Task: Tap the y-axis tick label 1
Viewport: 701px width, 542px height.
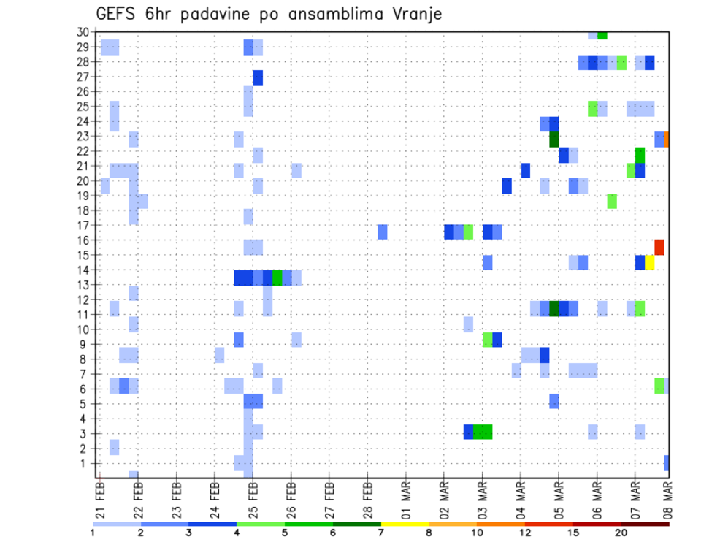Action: coord(85,463)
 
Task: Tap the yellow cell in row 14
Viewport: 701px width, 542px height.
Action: coord(650,262)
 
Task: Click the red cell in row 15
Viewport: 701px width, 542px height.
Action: coord(659,247)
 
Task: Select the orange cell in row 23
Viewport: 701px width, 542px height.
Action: coord(667,139)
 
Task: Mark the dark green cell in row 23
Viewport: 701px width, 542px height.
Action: coord(553,139)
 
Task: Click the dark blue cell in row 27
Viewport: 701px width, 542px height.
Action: coord(258,78)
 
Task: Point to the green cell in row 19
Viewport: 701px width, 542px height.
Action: coord(612,201)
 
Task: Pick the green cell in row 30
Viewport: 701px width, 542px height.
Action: coord(602,34)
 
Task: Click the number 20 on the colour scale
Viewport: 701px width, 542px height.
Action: coord(621,533)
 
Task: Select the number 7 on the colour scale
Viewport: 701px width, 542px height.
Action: coord(380,533)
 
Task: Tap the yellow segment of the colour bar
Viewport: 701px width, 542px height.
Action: coord(405,524)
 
